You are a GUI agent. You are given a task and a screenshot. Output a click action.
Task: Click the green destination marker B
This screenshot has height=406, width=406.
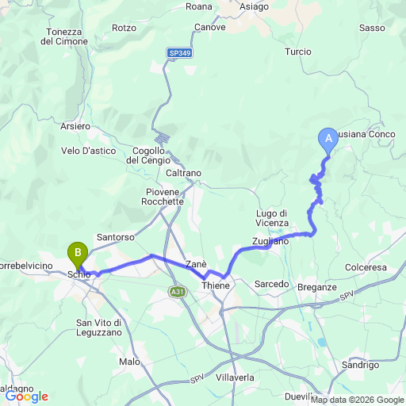click(78, 254)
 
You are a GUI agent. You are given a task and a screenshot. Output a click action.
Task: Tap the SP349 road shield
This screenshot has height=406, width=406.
click(179, 53)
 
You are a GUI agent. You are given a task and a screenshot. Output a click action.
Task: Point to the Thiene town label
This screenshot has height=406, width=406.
click(216, 285)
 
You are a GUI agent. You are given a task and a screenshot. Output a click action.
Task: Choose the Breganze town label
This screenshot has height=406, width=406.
click(319, 286)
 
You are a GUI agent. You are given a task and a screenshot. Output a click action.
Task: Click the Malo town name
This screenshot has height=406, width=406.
click(129, 361)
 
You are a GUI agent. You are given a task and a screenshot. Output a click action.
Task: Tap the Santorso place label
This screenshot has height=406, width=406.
click(116, 236)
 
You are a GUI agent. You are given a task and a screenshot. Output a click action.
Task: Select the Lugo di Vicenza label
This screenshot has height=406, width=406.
click(272, 217)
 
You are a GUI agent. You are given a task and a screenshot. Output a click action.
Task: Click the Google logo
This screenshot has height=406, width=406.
click(25, 396)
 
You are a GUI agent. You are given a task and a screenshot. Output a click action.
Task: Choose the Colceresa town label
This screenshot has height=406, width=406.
click(366, 267)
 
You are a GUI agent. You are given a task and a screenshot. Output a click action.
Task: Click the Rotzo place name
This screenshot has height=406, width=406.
click(124, 28)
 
